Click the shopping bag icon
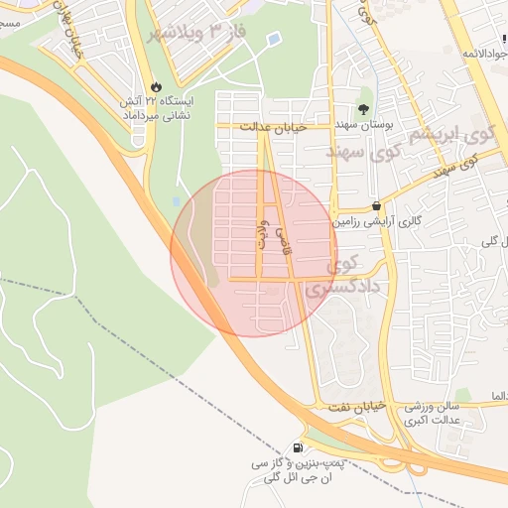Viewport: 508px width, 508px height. pyautogui.click(x=377, y=205)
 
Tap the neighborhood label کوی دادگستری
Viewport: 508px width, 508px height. pyautogui.click(x=334, y=277)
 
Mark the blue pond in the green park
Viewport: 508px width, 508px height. pyautogui.click(x=273, y=40)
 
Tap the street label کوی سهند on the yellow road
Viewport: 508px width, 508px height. pyautogui.click(x=457, y=165)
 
